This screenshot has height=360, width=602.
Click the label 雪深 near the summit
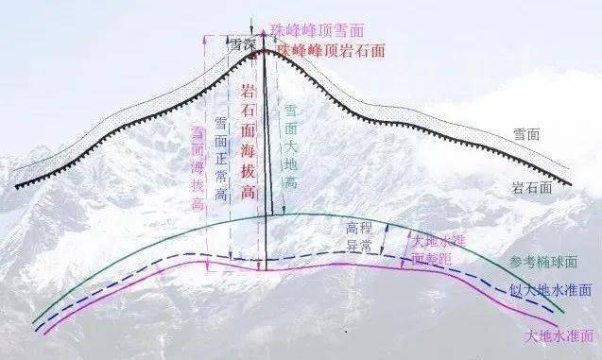pyautogui.click(x=244, y=43)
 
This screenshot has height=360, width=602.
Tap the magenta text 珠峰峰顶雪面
pyautogui.click(x=316, y=31)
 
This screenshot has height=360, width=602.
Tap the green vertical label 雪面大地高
pyautogui.click(x=291, y=146)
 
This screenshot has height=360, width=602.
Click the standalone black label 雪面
pyautogui.click(x=526, y=135)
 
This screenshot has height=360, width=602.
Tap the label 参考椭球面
pyautogui.click(x=536, y=261)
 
